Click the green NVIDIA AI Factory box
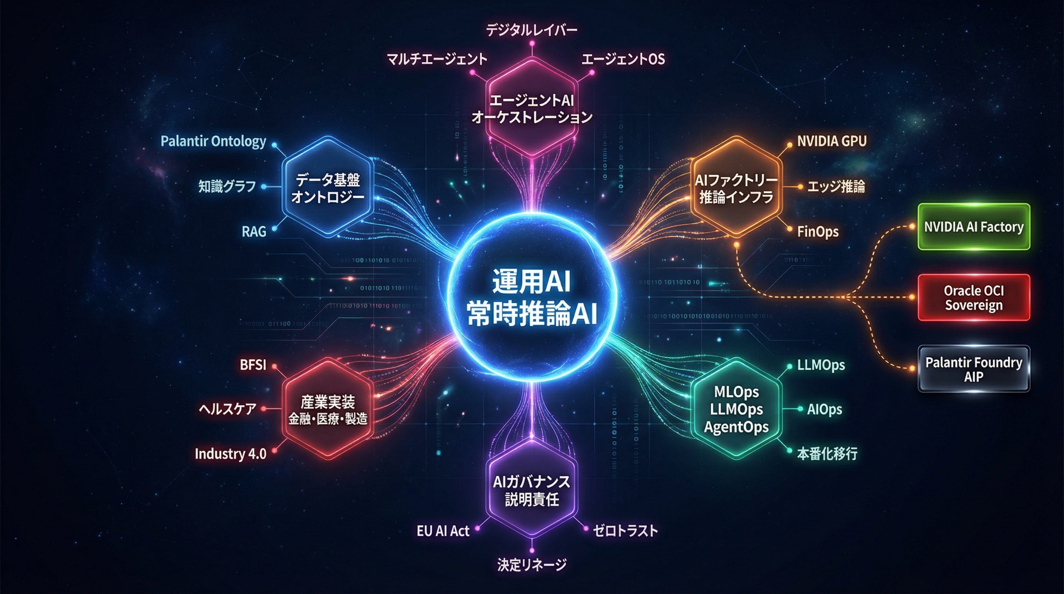click(974, 227)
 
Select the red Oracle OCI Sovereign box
click(974, 297)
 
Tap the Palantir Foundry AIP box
click(974, 369)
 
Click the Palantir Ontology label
click(213, 142)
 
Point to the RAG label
click(254, 232)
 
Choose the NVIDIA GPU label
click(832, 141)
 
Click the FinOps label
click(818, 231)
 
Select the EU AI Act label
click(443, 531)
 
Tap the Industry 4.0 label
click(230, 454)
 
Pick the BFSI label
click(253, 365)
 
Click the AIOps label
click(824, 410)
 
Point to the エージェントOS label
click(623, 60)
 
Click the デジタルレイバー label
click(531, 30)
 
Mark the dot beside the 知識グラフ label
click(264, 187)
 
